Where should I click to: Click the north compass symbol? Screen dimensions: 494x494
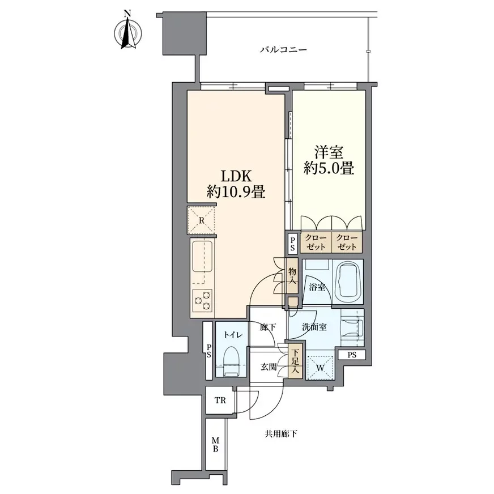point(127,32)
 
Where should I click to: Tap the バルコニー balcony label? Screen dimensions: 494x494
point(283,50)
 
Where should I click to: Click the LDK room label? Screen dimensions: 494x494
point(236,176)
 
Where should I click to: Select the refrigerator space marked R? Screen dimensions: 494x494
point(202,220)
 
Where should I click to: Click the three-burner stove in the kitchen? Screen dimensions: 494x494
point(202,301)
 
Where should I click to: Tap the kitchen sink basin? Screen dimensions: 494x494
point(202,256)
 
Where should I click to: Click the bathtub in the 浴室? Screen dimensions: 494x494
point(348,282)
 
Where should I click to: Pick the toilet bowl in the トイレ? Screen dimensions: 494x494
point(232,361)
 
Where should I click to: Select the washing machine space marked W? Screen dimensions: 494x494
point(320,367)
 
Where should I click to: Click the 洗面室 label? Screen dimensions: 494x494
point(314,327)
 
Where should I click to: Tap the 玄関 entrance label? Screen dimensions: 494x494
point(269,367)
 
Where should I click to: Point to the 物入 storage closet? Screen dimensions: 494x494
point(293,275)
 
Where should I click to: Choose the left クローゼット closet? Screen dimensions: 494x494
point(316,242)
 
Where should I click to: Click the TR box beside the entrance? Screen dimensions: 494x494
point(220,400)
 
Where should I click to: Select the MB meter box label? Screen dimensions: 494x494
point(215,445)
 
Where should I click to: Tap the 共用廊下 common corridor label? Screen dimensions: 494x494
point(281,435)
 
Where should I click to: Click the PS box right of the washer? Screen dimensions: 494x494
point(352,355)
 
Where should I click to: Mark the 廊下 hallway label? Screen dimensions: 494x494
point(268,327)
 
